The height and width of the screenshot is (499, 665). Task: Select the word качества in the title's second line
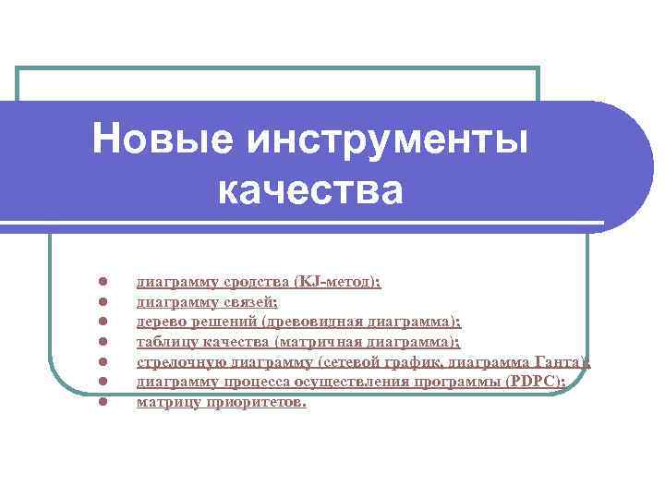coord(310,191)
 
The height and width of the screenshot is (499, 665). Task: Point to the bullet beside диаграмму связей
coord(104,300)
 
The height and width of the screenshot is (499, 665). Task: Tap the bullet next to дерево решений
coord(104,321)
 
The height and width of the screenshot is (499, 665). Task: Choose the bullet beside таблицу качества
coord(104,341)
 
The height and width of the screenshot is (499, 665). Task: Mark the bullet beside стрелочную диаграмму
coord(104,361)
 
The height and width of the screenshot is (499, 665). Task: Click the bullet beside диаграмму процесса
coord(104,382)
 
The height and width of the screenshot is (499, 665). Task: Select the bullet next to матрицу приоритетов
coord(104,402)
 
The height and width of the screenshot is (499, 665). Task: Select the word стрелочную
coord(176,362)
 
